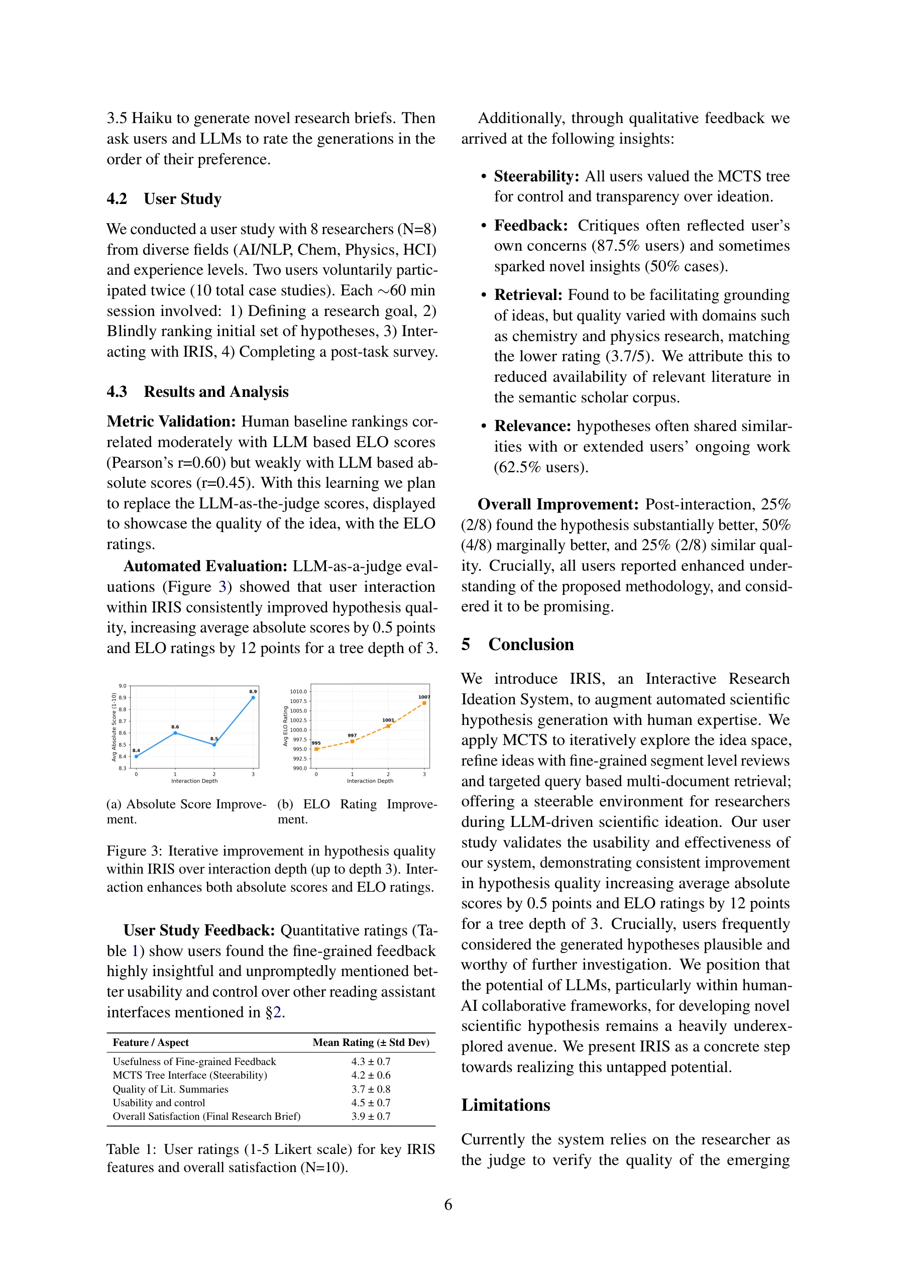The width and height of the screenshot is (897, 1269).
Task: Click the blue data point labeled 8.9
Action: pos(253,697)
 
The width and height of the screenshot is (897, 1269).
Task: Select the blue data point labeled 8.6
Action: pos(175,733)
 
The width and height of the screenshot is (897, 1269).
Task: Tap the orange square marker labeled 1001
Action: pos(388,726)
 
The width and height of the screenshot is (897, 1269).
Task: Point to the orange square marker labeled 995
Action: pos(316,749)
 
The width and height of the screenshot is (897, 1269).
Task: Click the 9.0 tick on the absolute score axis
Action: pos(122,686)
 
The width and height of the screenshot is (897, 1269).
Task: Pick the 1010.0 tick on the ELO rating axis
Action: pos(298,691)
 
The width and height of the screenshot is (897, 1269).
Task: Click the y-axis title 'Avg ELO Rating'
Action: pos(285,726)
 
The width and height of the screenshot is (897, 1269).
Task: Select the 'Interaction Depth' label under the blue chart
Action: pos(194,781)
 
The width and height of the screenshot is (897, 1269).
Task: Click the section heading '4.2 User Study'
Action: pos(164,199)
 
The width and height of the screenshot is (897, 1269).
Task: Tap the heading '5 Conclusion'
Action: pos(517,645)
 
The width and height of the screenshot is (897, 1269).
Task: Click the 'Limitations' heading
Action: pos(506,1105)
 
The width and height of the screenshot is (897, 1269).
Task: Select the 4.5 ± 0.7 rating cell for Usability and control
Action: pos(371,1103)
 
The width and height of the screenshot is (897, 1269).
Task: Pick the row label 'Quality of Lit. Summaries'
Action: pos(170,1089)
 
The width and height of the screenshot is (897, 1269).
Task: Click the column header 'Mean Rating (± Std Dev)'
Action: pos(371,1042)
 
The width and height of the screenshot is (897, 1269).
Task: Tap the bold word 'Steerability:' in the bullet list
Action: pos(536,176)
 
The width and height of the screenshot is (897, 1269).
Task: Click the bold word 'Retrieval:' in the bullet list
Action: pos(528,295)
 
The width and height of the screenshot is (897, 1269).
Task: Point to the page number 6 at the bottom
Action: pos(448,1204)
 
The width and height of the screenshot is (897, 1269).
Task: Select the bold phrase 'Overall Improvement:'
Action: pos(557,504)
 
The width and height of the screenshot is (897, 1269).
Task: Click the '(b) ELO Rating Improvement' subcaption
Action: pos(357,811)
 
